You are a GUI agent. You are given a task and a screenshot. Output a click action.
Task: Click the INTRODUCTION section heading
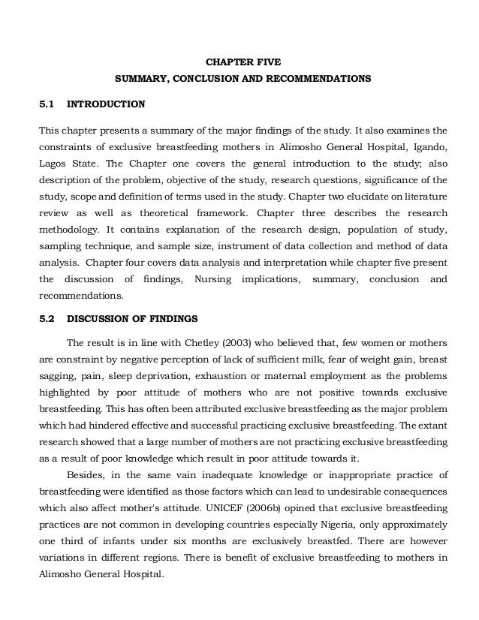point(106,103)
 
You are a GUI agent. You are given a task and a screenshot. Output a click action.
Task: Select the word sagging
point(56,374)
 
